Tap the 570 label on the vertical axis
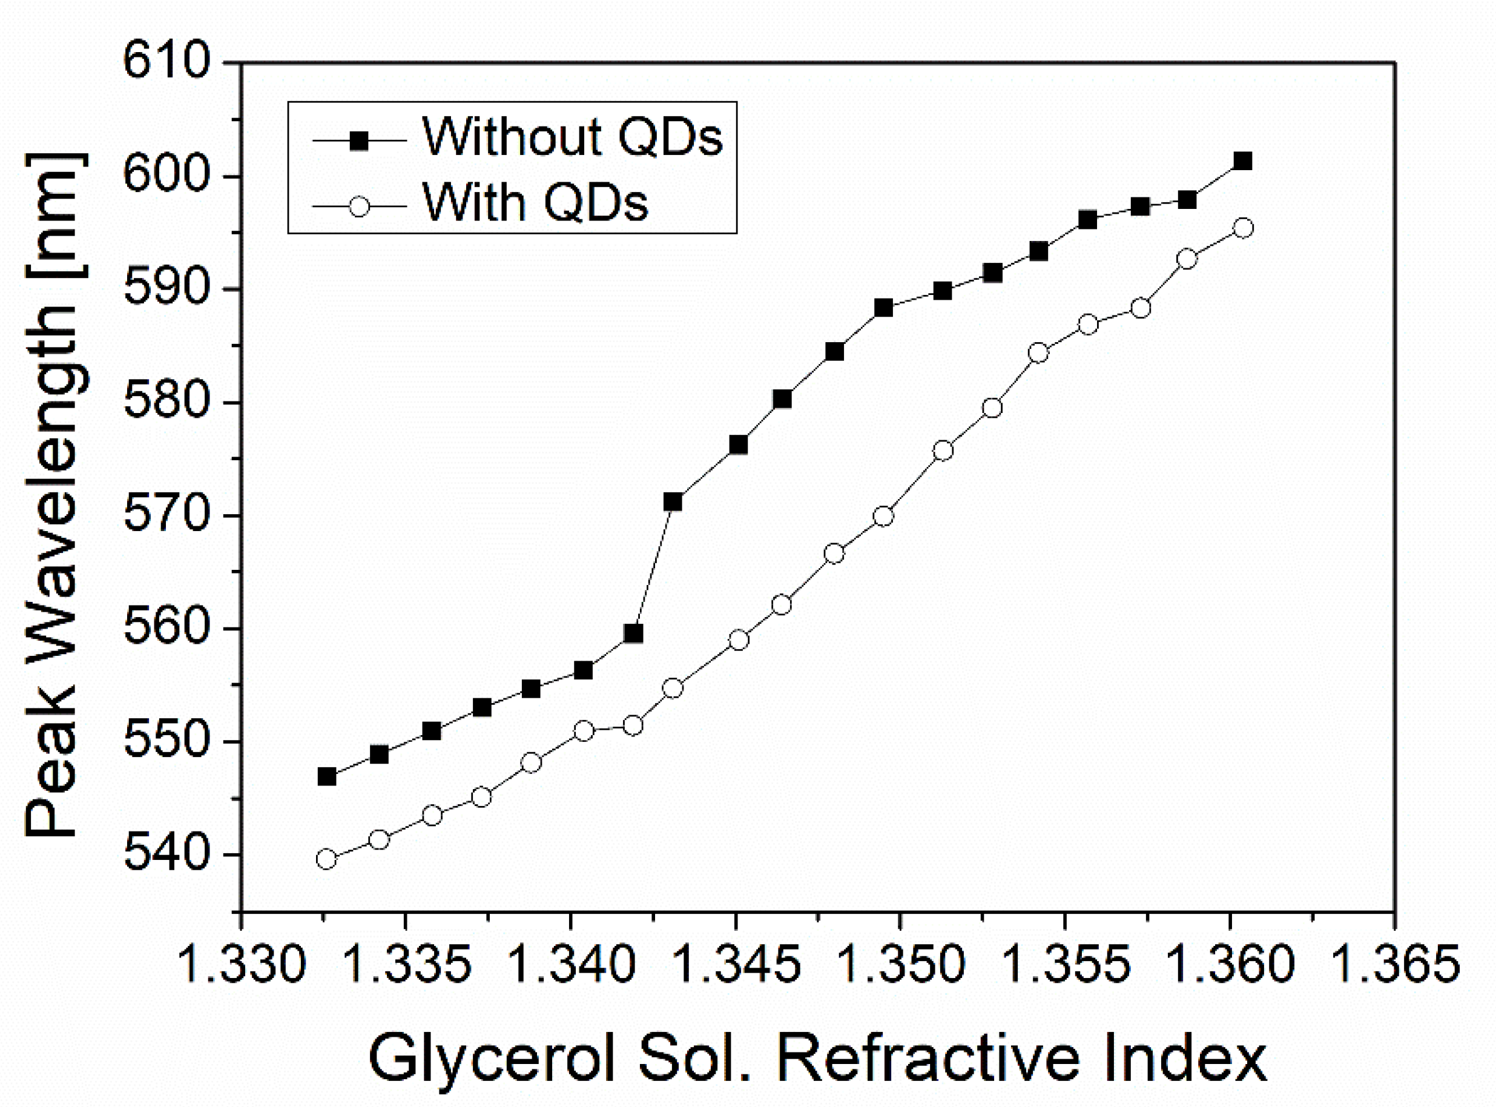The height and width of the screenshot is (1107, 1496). click(x=158, y=516)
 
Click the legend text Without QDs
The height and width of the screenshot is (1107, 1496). click(x=573, y=137)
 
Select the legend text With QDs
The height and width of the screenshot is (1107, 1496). click(x=535, y=202)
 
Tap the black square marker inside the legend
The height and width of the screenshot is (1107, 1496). click(x=360, y=140)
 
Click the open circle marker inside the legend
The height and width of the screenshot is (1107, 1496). click(x=360, y=206)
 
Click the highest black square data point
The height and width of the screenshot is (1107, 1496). click(x=1243, y=161)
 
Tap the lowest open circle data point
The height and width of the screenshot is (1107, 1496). click(x=326, y=859)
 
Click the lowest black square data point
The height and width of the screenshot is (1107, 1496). click(x=326, y=776)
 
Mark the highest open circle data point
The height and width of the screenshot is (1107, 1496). click(x=1243, y=228)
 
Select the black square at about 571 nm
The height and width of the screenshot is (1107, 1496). click(x=673, y=502)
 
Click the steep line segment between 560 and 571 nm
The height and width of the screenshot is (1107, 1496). click(x=653, y=567)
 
